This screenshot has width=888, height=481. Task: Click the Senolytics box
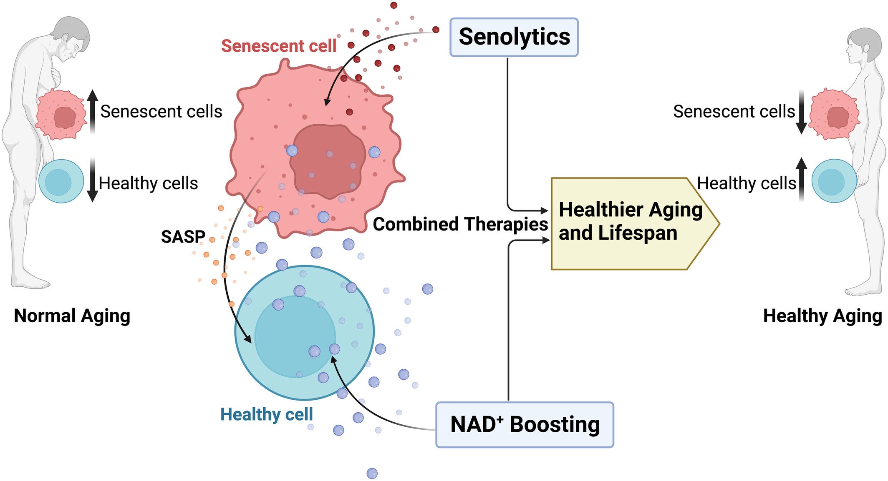[x=514, y=37]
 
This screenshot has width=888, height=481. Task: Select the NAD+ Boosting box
[x=525, y=425]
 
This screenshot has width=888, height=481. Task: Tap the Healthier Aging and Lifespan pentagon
[x=630, y=223]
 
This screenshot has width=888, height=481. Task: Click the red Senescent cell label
[x=278, y=46]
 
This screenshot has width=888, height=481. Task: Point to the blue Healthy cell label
[x=266, y=414]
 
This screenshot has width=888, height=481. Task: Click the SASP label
[x=183, y=237]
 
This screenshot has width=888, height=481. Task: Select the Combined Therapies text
[x=460, y=224]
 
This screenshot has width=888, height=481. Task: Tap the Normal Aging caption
[x=72, y=316]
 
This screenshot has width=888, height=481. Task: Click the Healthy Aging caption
[x=822, y=316]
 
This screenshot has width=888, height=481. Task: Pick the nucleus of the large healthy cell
[x=295, y=337]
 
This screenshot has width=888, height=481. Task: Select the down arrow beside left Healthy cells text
[x=92, y=180]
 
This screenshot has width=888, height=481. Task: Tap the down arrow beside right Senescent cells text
[x=801, y=112]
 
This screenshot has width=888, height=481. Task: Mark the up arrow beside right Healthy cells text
[x=801, y=179]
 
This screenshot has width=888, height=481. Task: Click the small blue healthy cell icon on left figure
[x=61, y=181]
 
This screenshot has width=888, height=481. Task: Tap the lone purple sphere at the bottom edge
[x=372, y=473]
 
